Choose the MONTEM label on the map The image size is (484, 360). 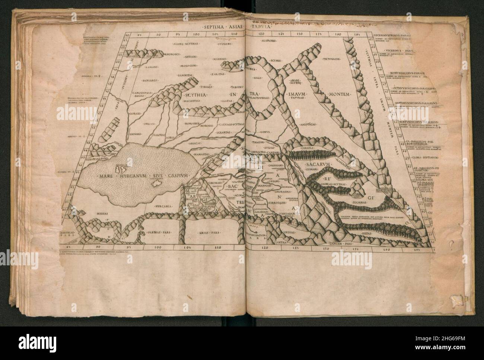337,95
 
